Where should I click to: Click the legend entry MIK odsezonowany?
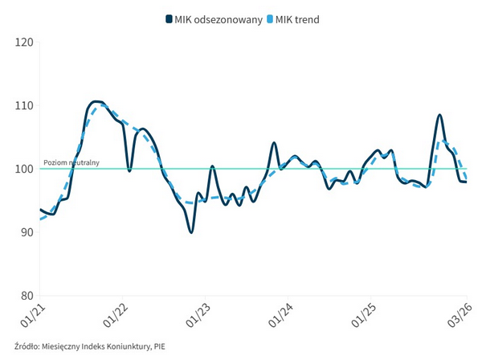(218, 20)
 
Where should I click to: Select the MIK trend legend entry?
(298, 20)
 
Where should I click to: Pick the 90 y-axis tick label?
(27, 232)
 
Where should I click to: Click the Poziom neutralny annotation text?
(71, 162)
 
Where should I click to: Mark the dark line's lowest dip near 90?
(191, 232)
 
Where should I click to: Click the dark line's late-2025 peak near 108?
(439, 115)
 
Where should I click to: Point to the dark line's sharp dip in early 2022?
(129, 170)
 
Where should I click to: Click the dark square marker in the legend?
(168, 20)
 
